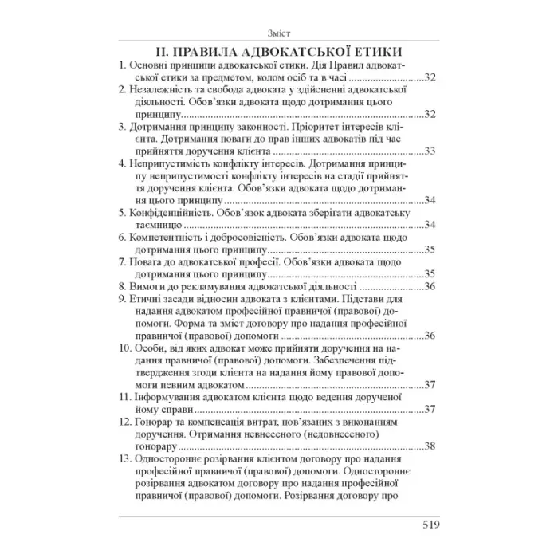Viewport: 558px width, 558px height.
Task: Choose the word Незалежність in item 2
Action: [x=160, y=92]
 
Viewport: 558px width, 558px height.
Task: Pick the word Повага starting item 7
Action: [x=148, y=262]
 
